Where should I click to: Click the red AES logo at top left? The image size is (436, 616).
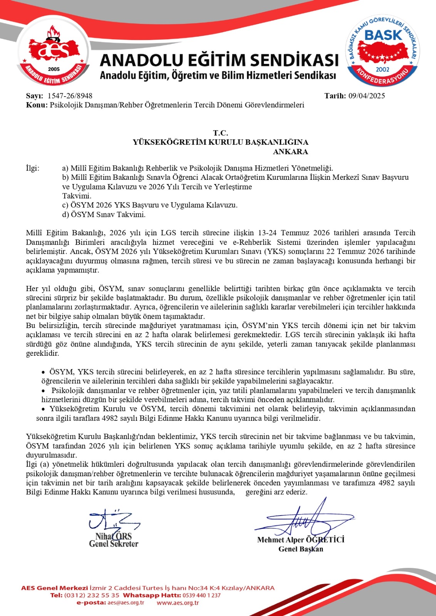(x=54, y=54)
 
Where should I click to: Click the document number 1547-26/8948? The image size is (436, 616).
(x=70, y=96)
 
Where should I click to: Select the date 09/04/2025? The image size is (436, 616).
(x=366, y=96)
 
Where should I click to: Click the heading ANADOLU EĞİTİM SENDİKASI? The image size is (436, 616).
(x=219, y=60)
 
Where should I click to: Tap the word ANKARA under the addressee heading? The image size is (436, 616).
(x=290, y=152)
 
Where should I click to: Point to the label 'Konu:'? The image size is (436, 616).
(x=37, y=105)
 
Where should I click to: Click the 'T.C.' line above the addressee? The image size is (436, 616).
(x=220, y=133)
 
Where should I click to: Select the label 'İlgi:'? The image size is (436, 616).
(x=32, y=168)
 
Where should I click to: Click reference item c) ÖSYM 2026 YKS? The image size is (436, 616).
(x=150, y=205)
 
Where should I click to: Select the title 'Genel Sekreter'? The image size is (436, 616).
(x=113, y=544)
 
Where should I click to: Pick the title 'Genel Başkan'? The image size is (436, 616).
(x=300, y=549)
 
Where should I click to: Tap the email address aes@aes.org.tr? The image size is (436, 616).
(x=126, y=603)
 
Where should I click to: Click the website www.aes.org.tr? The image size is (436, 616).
(x=178, y=603)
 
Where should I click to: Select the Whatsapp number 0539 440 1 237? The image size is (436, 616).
(x=201, y=595)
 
